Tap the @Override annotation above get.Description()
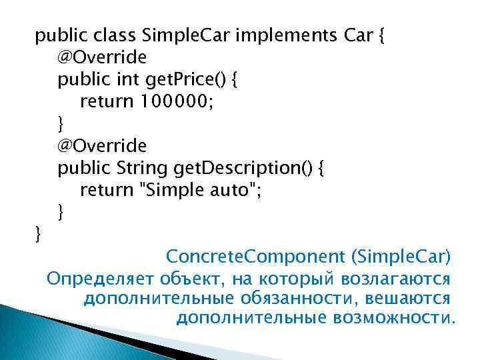tap(102, 145)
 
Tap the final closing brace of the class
tap(38, 235)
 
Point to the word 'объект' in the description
tap(190, 277)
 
